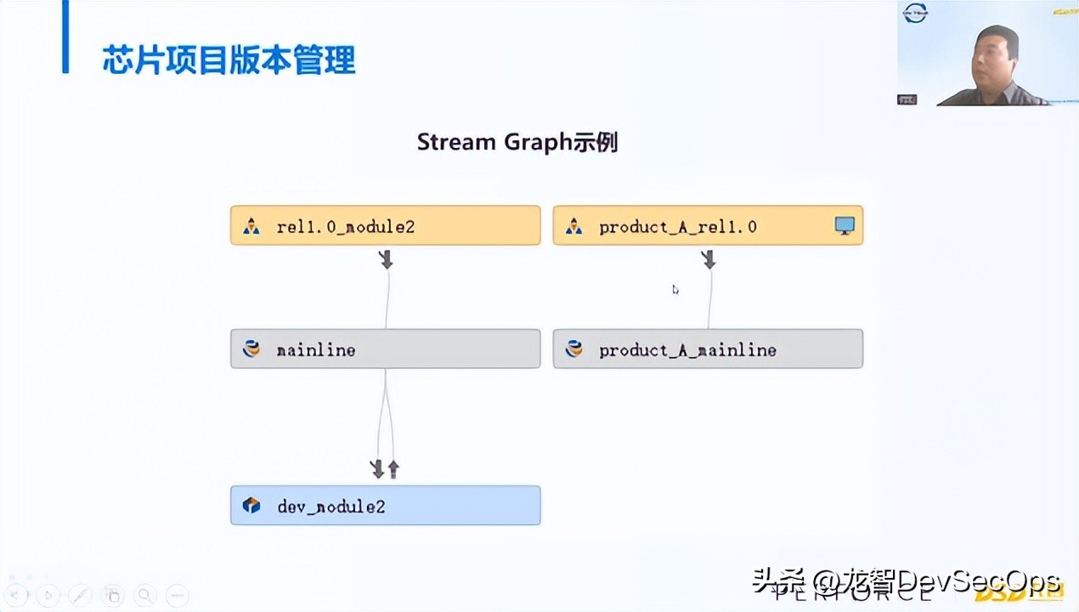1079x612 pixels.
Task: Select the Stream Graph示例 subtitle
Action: (517, 142)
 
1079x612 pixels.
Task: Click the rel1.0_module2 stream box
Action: (385, 226)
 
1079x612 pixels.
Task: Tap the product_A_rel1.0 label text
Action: (677, 227)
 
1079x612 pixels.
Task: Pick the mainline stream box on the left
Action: (385, 349)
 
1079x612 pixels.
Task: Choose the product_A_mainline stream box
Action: (708, 349)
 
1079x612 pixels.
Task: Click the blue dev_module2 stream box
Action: (385, 506)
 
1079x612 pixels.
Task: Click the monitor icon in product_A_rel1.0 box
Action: (844, 226)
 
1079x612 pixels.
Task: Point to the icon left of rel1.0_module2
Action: (251, 227)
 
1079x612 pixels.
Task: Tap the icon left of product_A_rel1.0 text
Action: (574, 227)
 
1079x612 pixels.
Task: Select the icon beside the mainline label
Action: (251, 349)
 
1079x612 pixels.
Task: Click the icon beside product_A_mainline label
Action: (574, 349)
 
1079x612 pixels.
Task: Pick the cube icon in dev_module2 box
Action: (251, 506)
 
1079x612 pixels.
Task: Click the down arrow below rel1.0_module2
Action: (386, 259)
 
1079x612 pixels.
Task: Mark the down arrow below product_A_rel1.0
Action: (709, 259)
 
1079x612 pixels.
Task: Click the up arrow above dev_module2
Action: (393, 468)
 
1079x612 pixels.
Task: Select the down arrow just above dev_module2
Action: (378, 468)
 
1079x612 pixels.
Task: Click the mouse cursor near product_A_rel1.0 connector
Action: (675, 290)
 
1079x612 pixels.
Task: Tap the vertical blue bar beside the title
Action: (65, 37)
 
